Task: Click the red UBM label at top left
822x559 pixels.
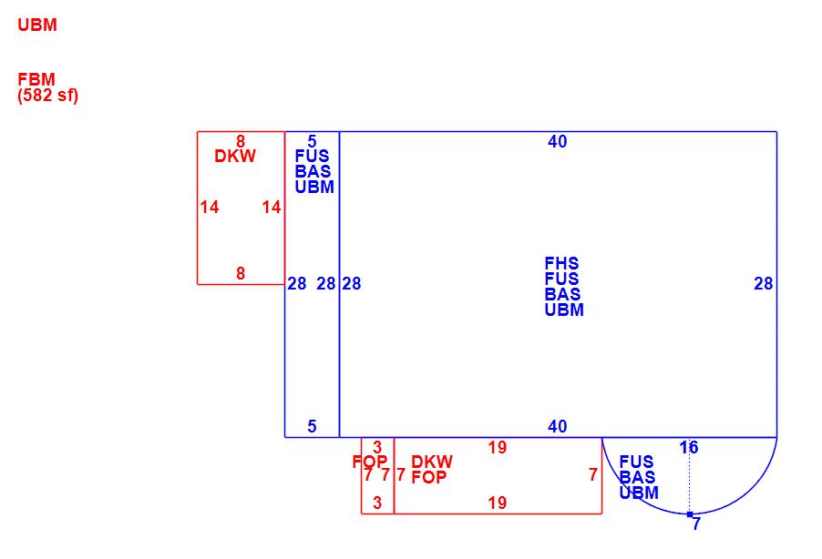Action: [37, 25]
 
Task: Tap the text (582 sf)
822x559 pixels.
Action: [48, 95]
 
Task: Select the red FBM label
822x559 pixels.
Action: [36, 80]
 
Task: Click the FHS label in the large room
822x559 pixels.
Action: [561, 264]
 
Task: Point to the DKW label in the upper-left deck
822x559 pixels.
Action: [235, 157]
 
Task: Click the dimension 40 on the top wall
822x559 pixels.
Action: [558, 141]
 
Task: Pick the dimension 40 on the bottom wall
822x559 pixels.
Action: [558, 426]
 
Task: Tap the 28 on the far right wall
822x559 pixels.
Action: [764, 284]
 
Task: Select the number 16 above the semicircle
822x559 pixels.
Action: [689, 447]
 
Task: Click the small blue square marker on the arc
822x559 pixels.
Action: [689, 514]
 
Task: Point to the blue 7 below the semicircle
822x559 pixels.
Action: [696, 524]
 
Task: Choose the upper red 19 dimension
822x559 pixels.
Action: [497, 448]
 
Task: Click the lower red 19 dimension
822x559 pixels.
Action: [497, 503]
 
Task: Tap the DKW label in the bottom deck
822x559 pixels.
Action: [432, 462]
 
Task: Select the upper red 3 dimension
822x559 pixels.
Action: [377, 448]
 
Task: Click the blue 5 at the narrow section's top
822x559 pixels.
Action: [312, 141]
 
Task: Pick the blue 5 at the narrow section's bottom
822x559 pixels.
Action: [312, 426]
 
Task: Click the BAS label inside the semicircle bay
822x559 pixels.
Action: [637, 478]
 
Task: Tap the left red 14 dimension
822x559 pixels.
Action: [210, 208]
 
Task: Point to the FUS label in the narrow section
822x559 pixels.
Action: [312, 157]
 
